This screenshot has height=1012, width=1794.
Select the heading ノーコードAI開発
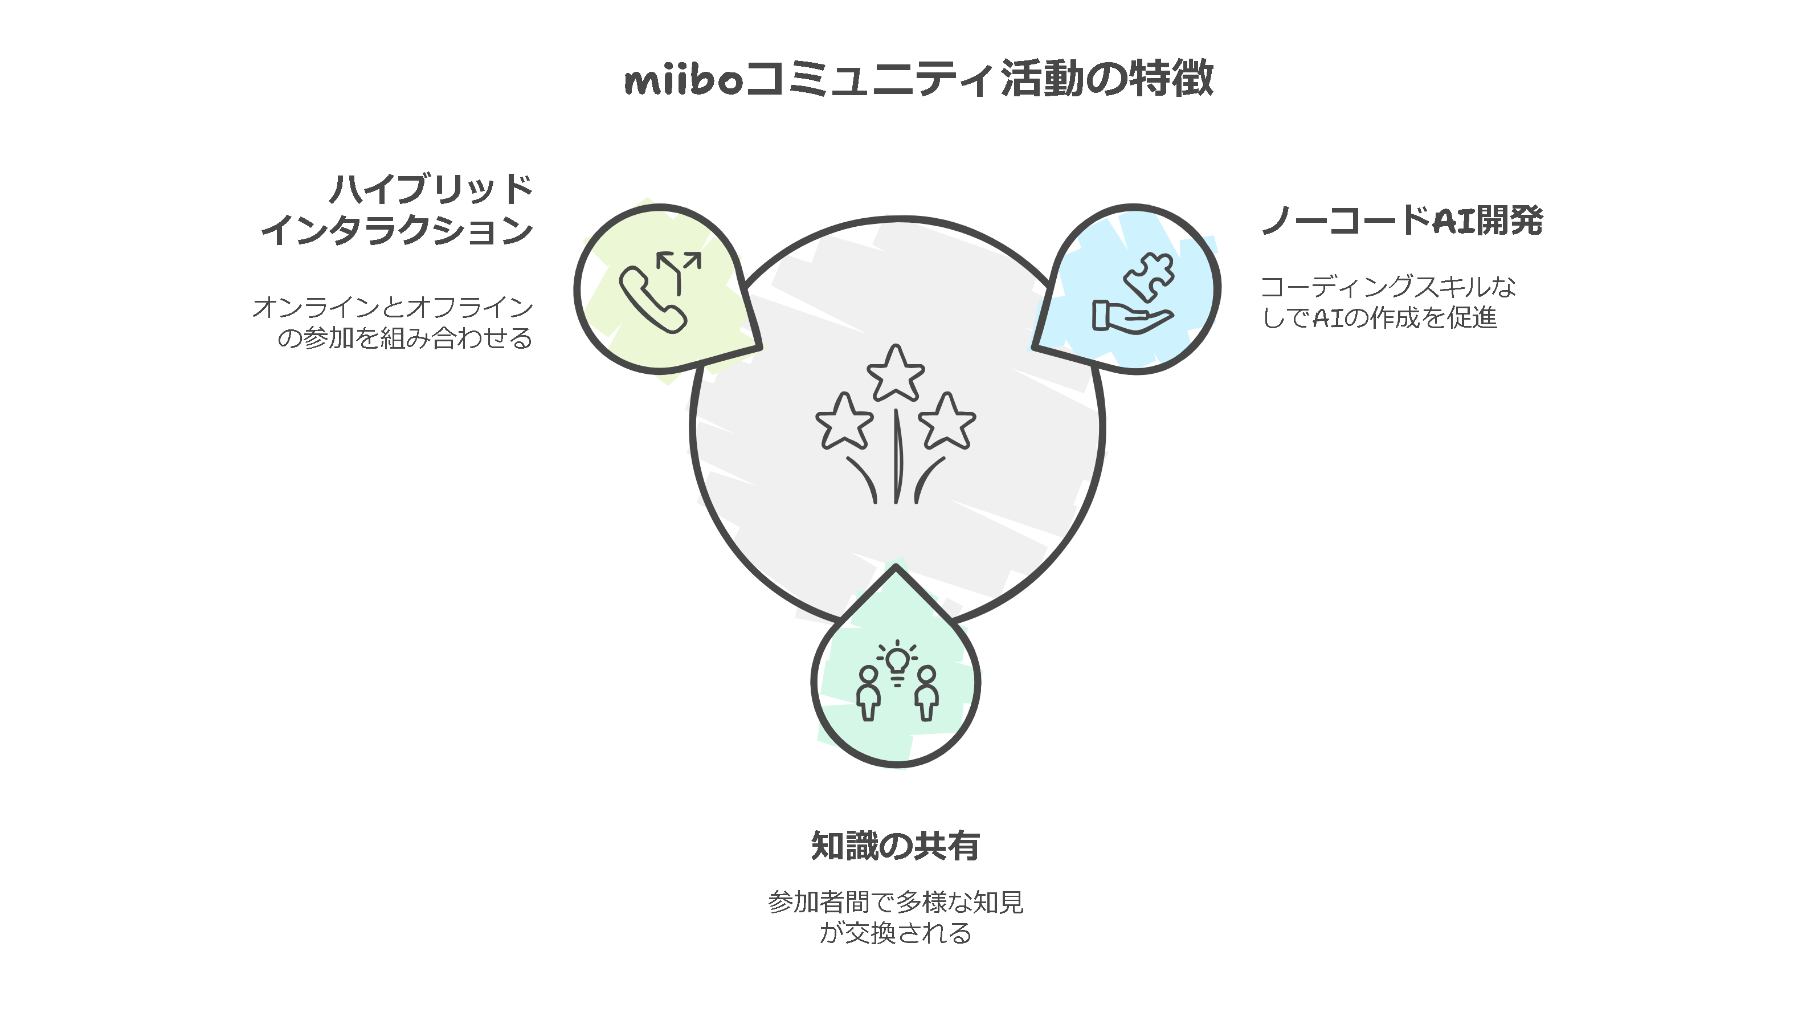pyautogui.click(x=1402, y=220)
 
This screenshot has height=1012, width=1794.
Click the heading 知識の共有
pyautogui.click(x=896, y=846)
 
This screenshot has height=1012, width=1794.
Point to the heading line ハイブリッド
pyautogui.click(x=431, y=189)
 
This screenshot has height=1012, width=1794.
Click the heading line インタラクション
pyautogui.click(x=397, y=230)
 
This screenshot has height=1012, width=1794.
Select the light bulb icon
pyautogui.click(x=897, y=662)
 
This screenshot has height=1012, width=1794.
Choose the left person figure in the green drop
pyautogui.click(x=868, y=692)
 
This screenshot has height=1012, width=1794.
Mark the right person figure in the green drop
pyautogui.click(x=926, y=692)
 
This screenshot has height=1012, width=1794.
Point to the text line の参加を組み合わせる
pyautogui.click(x=404, y=338)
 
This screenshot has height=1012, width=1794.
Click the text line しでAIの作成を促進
pyautogui.click(x=1379, y=317)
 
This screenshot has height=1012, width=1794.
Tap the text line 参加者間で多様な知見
pyautogui.click(x=896, y=902)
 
